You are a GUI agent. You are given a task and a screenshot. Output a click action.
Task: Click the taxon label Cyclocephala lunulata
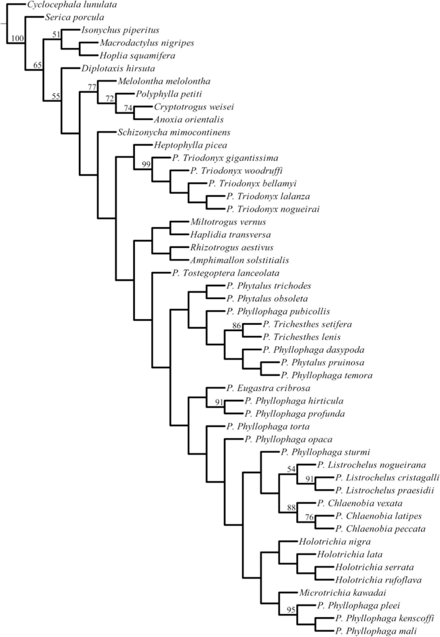(x=72, y=5)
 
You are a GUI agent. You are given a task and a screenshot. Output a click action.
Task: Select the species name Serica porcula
(x=74, y=17)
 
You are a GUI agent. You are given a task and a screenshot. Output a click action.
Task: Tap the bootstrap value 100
(x=18, y=38)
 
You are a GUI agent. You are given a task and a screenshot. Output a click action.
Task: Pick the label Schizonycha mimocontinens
(x=174, y=132)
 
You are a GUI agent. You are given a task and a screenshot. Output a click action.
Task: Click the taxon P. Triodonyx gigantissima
(x=225, y=158)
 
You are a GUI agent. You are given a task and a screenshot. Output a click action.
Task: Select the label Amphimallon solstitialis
(x=239, y=260)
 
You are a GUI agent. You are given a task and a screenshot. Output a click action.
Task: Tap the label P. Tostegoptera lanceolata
(x=226, y=273)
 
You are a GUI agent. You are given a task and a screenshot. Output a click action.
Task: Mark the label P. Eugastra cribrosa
(x=268, y=388)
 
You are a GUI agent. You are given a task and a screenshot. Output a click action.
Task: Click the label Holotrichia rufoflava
(x=378, y=580)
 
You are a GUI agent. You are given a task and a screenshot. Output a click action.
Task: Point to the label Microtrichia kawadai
(x=342, y=593)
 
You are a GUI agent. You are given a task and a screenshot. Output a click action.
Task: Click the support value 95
(x=291, y=610)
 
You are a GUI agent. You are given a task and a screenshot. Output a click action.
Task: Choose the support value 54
(x=291, y=469)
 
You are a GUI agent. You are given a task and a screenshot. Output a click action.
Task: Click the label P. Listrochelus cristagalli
(x=387, y=478)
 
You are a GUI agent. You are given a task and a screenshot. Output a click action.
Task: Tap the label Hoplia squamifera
(x=137, y=56)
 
